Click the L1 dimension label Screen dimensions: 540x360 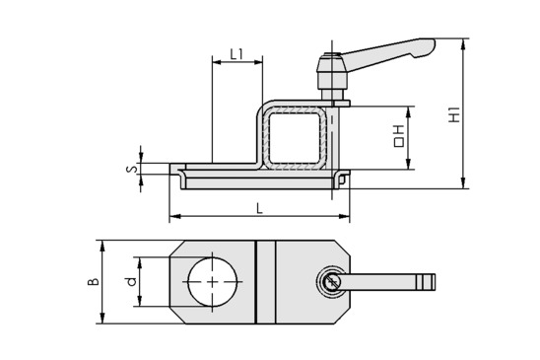pos(236,54)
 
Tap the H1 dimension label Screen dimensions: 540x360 pos(454,114)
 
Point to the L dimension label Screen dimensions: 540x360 pos(259,208)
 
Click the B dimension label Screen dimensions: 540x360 pos(93,281)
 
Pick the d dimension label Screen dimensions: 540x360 pos(132,281)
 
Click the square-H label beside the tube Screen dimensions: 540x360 pos(398,136)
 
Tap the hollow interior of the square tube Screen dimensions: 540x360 pos(296,137)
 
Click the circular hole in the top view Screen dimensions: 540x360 pos(213,282)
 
